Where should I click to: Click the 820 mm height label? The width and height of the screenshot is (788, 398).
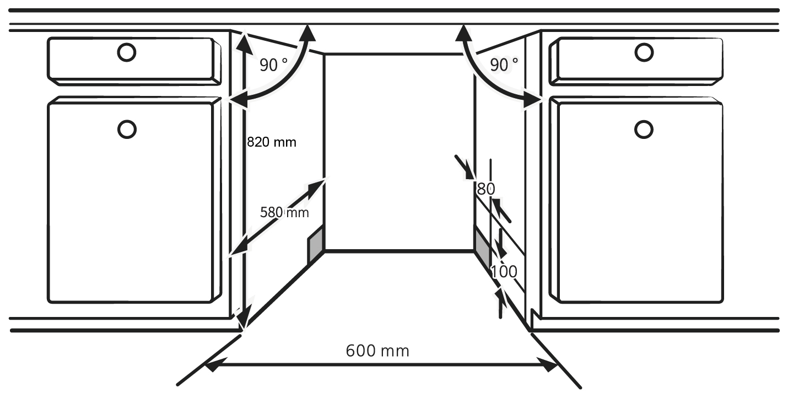click(272, 142)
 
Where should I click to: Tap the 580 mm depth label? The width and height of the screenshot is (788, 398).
click(284, 212)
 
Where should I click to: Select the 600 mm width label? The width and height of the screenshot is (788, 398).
click(377, 351)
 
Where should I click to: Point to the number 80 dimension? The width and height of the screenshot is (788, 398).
click(485, 189)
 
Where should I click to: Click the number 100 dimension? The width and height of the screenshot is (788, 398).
click(504, 271)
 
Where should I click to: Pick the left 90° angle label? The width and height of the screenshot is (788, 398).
click(274, 66)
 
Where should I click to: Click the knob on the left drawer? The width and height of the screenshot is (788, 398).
click(126, 52)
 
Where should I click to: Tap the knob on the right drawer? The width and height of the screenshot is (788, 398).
click(644, 52)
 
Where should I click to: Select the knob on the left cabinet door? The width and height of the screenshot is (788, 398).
click(127, 129)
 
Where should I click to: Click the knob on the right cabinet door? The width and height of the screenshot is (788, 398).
click(644, 129)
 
